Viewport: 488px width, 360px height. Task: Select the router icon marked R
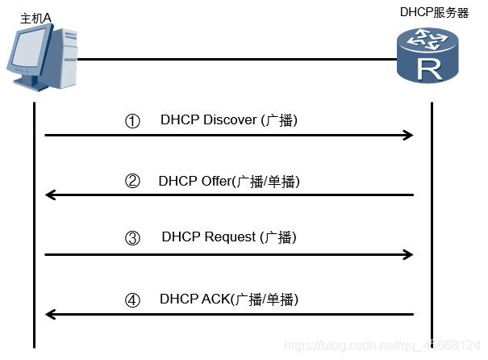coord(431,57)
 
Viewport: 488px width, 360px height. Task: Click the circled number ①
coord(133,121)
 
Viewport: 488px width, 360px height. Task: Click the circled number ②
coord(133,182)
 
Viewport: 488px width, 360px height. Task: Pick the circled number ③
coord(133,239)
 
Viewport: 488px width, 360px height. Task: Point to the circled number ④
coord(133,300)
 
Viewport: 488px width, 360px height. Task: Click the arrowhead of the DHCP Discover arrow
coord(408,136)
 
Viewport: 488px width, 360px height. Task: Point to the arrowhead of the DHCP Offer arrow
coord(51,195)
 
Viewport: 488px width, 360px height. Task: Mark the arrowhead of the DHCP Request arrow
coord(408,254)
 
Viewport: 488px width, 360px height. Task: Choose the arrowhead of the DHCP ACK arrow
coord(51,314)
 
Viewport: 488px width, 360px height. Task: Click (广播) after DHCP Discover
coord(280,121)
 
